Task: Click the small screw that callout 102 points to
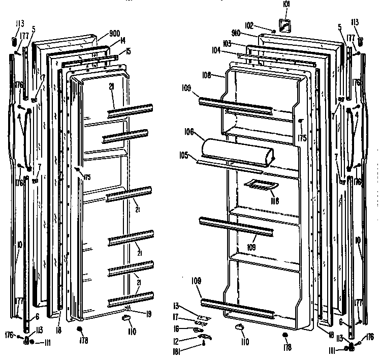[x=273, y=32]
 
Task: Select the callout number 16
[x=176, y=328]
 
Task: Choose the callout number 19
[x=148, y=314]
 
